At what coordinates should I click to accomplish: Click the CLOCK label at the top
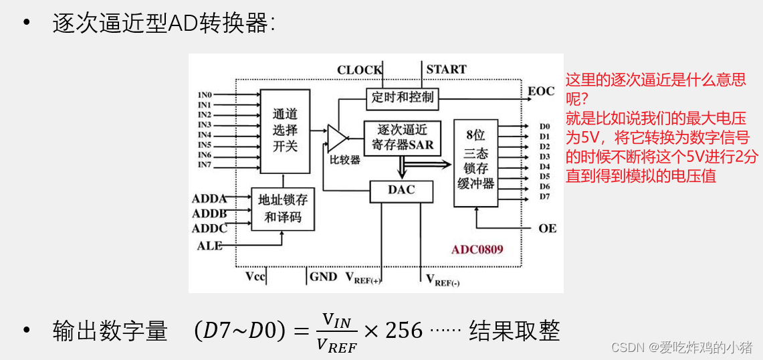(x=359, y=70)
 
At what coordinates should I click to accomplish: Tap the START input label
(x=446, y=70)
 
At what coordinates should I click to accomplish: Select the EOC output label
(x=541, y=91)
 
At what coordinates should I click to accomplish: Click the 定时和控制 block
(x=402, y=98)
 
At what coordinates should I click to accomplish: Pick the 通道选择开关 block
(x=285, y=130)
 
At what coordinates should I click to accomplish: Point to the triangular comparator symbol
(x=336, y=138)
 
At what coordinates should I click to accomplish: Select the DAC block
(x=401, y=190)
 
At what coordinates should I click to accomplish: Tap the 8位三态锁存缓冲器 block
(x=475, y=163)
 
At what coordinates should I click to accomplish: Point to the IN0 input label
(x=205, y=95)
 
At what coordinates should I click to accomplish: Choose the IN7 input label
(x=205, y=165)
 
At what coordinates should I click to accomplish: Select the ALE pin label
(x=209, y=246)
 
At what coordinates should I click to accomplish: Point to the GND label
(x=323, y=276)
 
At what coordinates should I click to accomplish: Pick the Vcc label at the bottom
(x=256, y=276)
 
